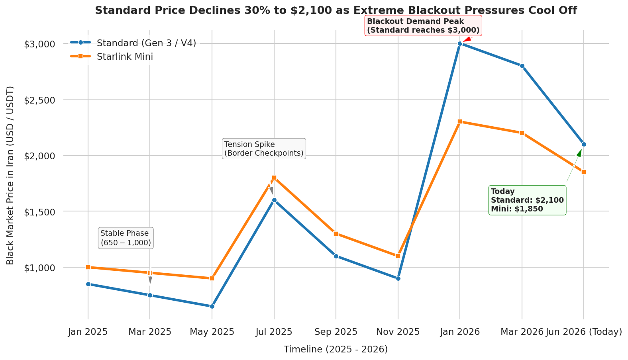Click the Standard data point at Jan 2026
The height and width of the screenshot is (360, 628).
[460, 43]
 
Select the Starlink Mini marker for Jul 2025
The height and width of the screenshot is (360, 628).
[274, 178]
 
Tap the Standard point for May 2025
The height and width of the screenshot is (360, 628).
[212, 306]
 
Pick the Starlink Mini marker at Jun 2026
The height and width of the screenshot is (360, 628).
[584, 172]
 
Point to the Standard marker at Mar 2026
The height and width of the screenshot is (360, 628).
[522, 66]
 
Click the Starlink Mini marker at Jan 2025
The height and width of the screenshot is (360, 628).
[88, 267]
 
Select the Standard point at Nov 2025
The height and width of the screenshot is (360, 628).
[398, 278]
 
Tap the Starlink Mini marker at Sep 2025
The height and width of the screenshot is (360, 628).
[336, 234]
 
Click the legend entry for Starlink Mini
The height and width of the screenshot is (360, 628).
[111, 57]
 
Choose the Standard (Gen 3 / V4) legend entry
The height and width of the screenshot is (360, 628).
[133, 43]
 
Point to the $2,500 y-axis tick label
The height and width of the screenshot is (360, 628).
[39, 100]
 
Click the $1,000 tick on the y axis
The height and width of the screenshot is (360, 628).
[39, 268]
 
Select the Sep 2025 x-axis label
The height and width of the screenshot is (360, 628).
[336, 332]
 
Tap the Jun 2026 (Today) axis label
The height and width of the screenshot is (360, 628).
[584, 332]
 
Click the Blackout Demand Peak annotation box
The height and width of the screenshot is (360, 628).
[423, 25]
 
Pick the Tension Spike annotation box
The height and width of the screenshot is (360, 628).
[264, 149]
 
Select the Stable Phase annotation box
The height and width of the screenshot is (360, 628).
[126, 238]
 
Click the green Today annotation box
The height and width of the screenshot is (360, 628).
[527, 200]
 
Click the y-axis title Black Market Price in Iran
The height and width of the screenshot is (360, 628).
[10, 175]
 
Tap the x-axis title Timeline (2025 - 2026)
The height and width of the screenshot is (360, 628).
[336, 349]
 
